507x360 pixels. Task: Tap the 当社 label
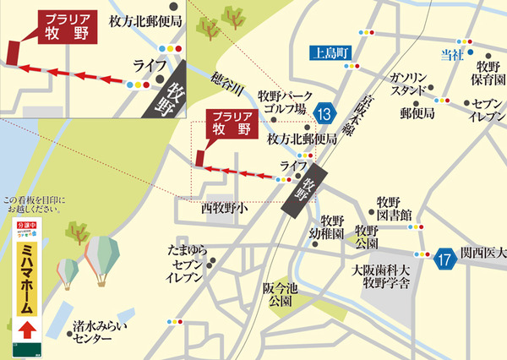454,56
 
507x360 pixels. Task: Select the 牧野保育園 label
488,76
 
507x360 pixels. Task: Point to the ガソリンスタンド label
412,84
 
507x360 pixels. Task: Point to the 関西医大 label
483,254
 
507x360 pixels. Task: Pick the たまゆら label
188,251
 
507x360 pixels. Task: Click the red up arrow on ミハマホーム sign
26,327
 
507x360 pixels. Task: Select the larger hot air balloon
101,256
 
